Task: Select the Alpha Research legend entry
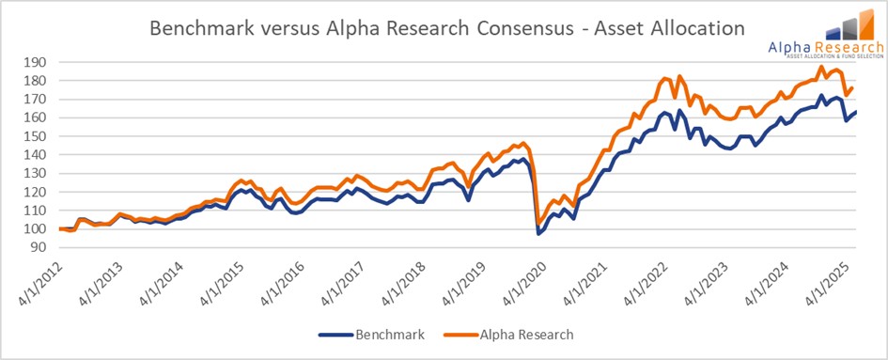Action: tap(526, 334)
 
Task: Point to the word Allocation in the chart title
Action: tap(695, 29)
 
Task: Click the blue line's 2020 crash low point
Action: tap(538, 233)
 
